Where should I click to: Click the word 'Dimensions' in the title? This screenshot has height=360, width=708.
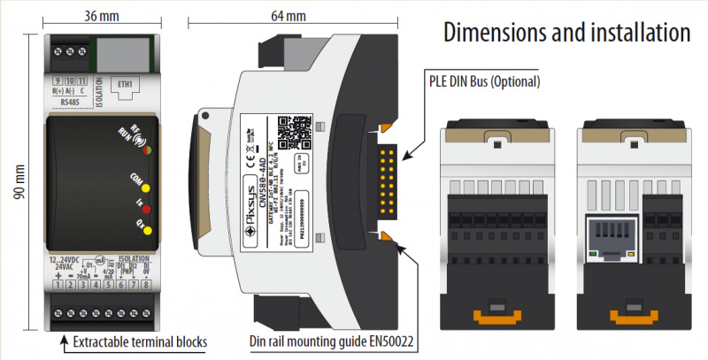coord(497,34)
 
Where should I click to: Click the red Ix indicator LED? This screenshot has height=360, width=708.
coord(147,211)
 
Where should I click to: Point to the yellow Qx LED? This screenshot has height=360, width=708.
coord(147,232)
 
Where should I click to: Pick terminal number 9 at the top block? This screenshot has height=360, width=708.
coord(57,80)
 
